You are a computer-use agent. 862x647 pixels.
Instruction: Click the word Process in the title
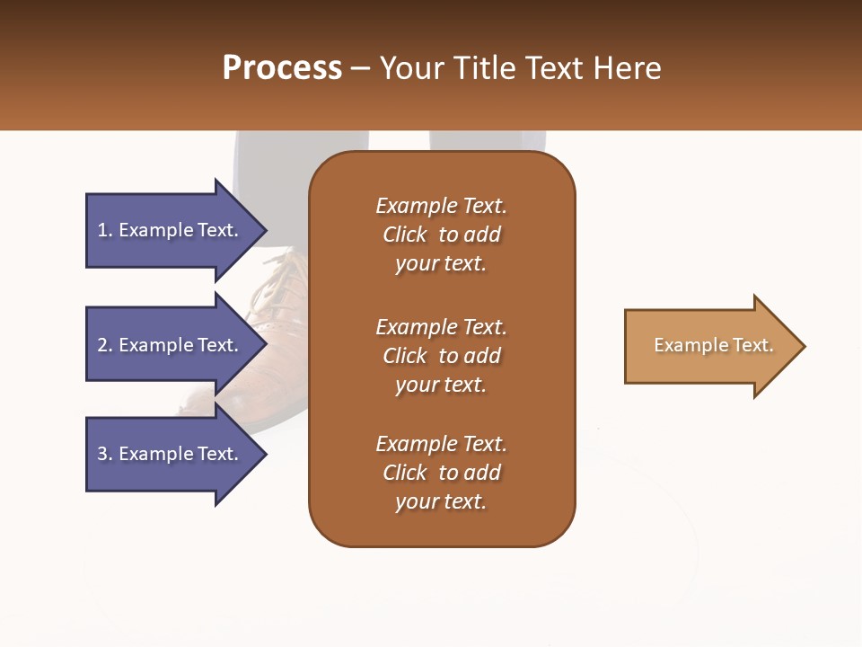[282, 68]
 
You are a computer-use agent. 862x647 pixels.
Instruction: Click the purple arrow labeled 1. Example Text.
[171, 230]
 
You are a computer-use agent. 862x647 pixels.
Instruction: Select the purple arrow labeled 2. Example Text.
[171, 345]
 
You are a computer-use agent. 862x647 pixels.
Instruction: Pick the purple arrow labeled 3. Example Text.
[171, 454]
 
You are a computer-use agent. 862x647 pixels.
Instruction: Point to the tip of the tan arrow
[804, 346]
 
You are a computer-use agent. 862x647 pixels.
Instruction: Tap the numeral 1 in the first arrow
[102, 230]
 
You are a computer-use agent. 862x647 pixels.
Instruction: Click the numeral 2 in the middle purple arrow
[102, 345]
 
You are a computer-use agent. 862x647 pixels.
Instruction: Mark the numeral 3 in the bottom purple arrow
[102, 454]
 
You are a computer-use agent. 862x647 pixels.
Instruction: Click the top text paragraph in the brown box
[441, 235]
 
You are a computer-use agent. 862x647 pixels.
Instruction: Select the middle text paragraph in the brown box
[441, 356]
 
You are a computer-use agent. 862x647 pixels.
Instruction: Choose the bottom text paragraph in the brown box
[441, 473]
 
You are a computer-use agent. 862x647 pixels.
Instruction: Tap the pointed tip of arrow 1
[265, 230]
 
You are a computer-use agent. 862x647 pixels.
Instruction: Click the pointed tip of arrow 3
[265, 454]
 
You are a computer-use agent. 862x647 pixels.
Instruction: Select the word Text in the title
[553, 68]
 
